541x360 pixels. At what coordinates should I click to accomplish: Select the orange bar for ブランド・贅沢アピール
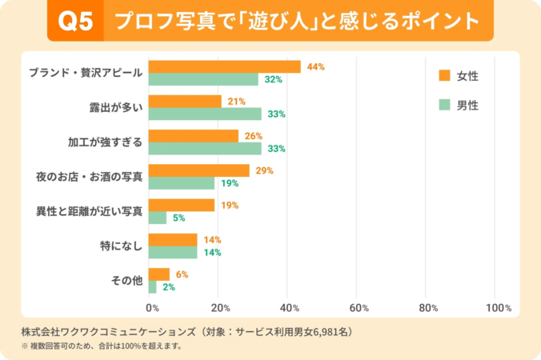[x=224, y=67]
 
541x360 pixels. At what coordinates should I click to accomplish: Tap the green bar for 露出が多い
[x=205, y=114]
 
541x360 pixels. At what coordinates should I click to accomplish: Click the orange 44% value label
[x=315, y=67]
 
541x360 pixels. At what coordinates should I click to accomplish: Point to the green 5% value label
[x=179, y=218]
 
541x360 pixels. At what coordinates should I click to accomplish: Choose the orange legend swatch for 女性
[x=444, y=75]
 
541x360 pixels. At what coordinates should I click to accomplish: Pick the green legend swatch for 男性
[x=444, y=105]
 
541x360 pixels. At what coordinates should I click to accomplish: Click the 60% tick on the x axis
[x=359, y=308]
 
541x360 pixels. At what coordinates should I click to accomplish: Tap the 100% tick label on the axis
[x=498, y=308]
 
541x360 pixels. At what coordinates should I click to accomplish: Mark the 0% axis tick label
[x=152, y=308]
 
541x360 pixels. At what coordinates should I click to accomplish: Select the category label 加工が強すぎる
[x=105, y=142]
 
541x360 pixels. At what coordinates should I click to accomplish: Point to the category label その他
[x=126, y=280]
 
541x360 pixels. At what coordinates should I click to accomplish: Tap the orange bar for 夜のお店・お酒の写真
[x=198, y=170]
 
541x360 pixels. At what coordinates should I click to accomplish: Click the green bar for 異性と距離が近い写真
[x=157, y=218]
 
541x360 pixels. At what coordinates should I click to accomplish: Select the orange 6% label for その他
[x=181, y=274]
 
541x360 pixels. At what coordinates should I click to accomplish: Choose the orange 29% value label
[x=264, y=170]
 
